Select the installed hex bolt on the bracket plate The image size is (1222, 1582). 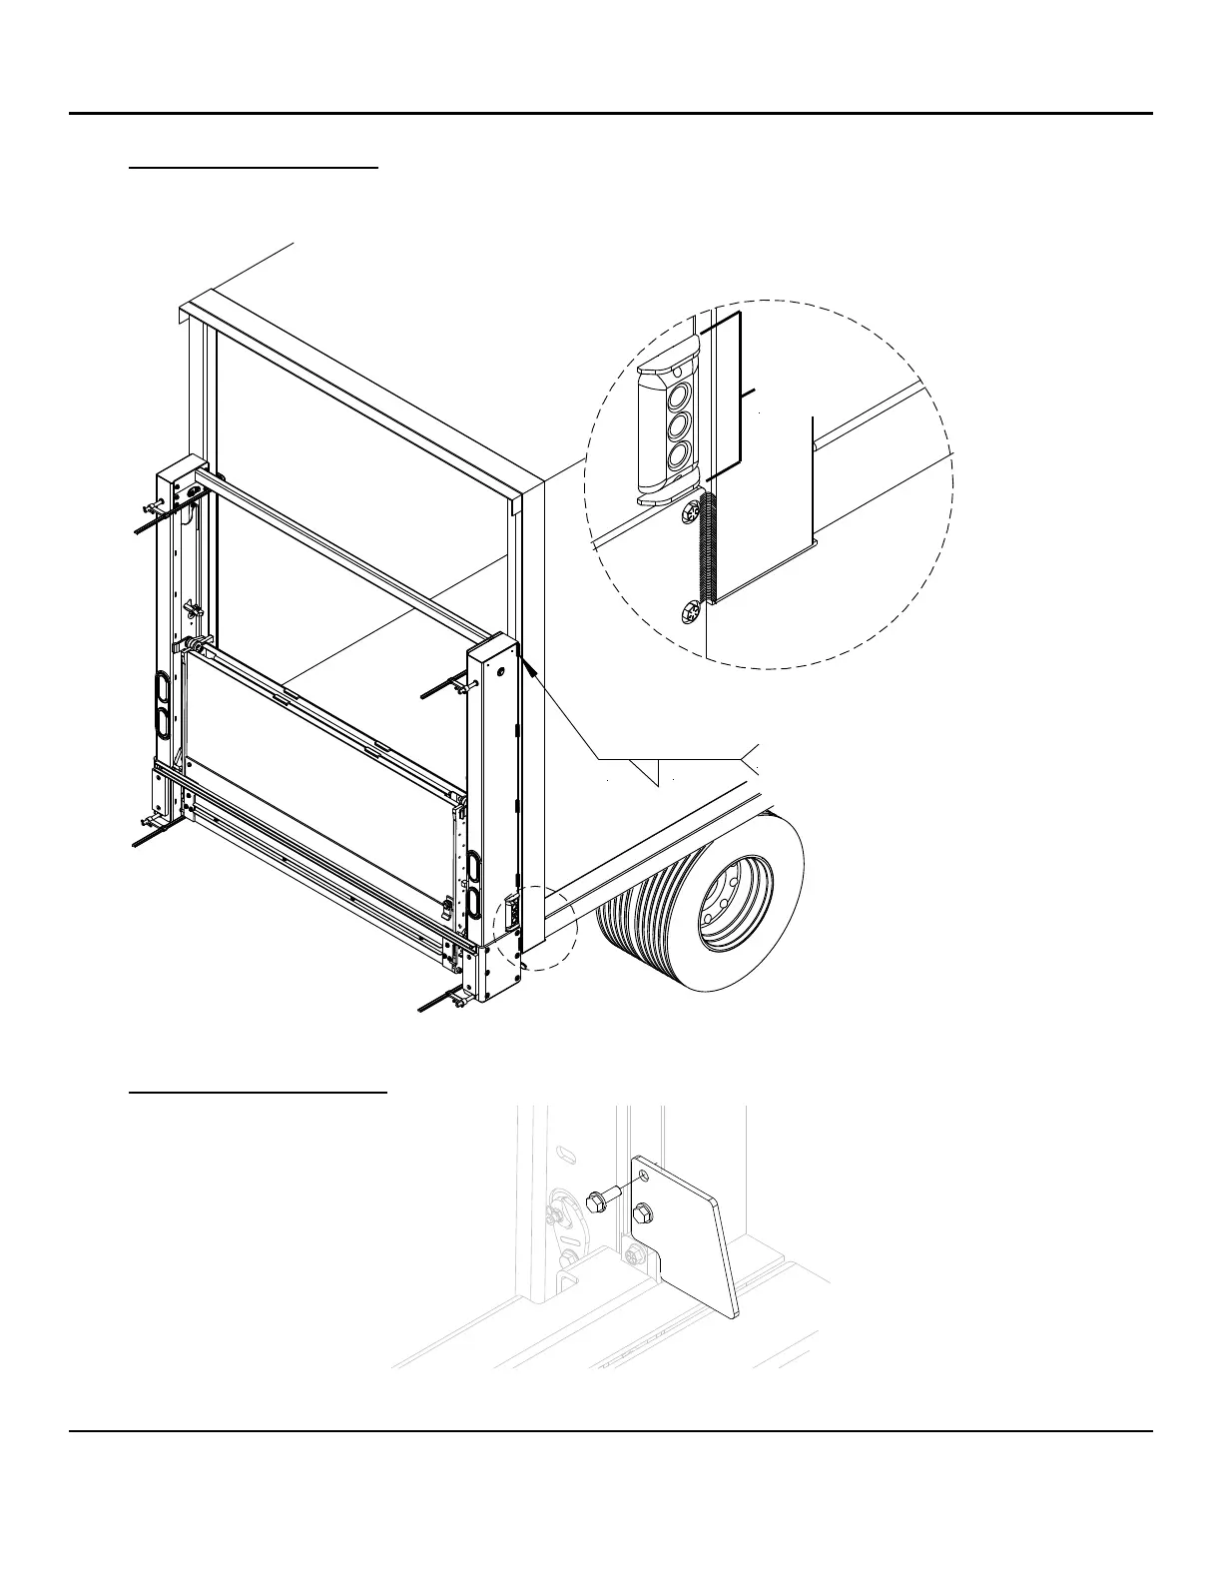[x=642, y=1212]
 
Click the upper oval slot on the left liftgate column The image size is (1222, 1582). [x=162, y=688]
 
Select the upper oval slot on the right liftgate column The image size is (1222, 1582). [x=473, y=864]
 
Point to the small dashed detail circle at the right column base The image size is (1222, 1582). [x=536, y=927]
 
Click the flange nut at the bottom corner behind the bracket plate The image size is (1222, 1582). [x=632, y=1251]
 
